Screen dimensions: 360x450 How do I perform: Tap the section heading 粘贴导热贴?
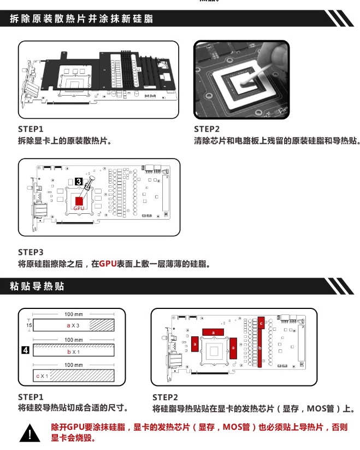(37, 287)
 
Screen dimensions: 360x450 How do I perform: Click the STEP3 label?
(31, 252)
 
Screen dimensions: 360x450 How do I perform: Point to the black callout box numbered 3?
(79, 180)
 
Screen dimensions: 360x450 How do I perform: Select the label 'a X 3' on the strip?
(73, 325)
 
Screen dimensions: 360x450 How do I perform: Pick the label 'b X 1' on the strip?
(73, 352)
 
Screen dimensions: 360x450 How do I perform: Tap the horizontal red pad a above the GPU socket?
(213, 332)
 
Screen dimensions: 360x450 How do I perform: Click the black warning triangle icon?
(31, 434)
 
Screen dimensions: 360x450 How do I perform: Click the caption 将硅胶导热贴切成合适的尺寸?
(73, 408)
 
